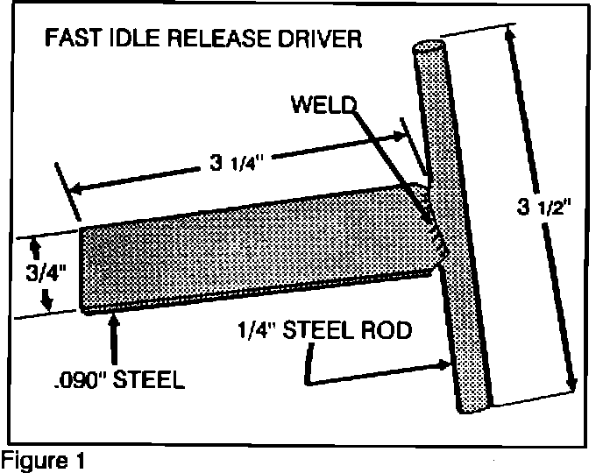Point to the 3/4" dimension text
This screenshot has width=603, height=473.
(34, 267)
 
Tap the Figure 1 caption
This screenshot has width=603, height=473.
(42, 458)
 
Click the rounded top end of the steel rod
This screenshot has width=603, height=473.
(427, 47)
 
